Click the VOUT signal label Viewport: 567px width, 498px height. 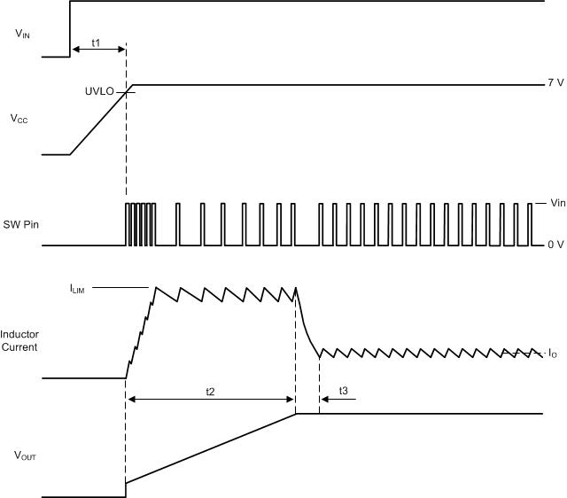tap(25, 457)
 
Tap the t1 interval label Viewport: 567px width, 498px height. tap(96, 42)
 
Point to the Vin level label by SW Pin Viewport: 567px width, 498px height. tap(557, 203)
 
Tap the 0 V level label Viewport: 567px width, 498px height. tap(555, 245)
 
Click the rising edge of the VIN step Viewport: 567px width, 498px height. tap(70, 28)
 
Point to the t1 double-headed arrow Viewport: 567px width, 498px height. tap(98, 51)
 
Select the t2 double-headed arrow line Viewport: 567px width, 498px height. tap(210, 400)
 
